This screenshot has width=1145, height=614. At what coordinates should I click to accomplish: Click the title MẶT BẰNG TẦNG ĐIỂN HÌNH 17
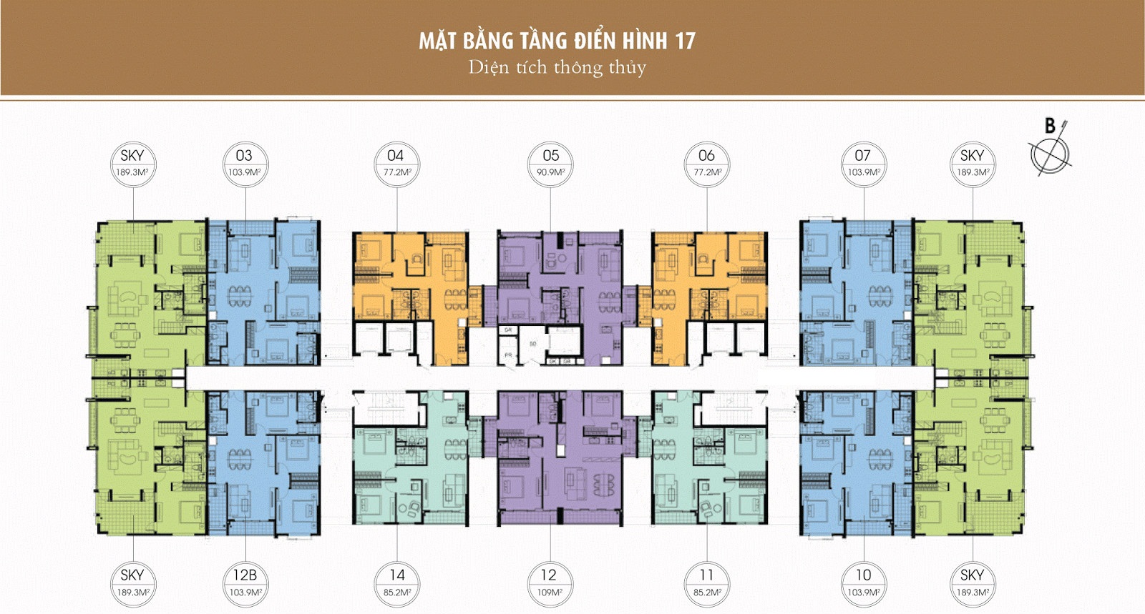click(557, 40)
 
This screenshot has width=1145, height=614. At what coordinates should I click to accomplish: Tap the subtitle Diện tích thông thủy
click(557, 67)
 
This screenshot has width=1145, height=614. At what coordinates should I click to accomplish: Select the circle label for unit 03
click(243, 163)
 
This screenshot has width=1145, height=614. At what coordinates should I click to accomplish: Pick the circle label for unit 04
click(396, 163)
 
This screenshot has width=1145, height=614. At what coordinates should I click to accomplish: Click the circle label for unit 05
click(550, 163)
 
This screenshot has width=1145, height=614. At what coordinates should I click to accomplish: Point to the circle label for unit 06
click(706, 163)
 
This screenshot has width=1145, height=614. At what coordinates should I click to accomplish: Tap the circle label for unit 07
click(862, 163)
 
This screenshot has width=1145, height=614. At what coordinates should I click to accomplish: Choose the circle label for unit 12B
click(243, 583)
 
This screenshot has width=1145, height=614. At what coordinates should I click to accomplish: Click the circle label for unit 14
click(397, 583)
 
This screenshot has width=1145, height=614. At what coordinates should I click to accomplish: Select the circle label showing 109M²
click(549, 583)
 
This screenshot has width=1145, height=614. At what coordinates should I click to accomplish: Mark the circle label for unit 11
click(706, 583)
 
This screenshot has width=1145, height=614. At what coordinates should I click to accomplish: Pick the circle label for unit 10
click(863, 583)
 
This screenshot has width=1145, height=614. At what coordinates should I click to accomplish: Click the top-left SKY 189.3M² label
click(132, 163)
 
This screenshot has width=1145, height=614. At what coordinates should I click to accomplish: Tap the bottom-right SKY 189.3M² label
click(972, 583)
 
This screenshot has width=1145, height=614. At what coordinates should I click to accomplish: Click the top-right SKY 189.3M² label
click(972, 163)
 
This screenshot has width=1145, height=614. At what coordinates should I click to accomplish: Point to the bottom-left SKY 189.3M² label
click(132, 583)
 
